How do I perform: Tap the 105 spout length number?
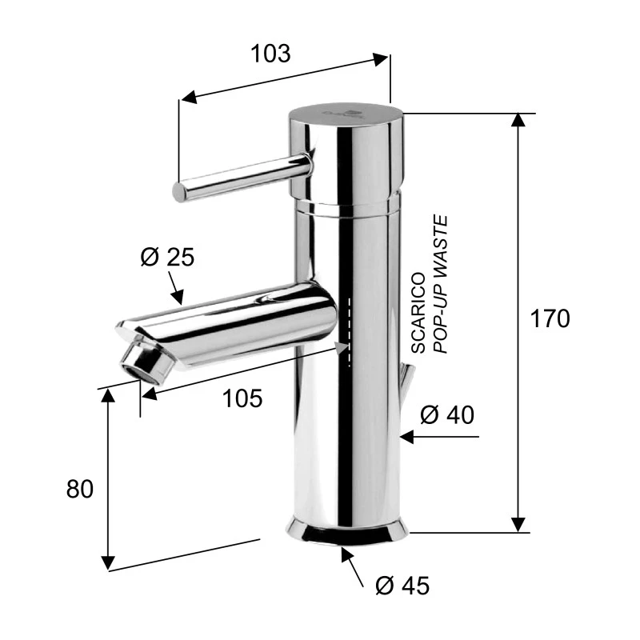tap(243, 398)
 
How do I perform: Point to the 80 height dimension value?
tap(80, 489)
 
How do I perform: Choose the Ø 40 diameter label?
tap(447, 414)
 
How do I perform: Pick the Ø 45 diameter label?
tap(402, 586)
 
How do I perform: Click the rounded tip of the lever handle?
tap(179, 192)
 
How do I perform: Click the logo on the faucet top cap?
tap(342, 113)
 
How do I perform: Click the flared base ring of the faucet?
tap(347, 531)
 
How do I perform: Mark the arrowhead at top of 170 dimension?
tap(519, 121)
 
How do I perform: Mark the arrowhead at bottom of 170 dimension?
tap(519, 524)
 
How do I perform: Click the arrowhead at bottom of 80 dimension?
tap(109, 562)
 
